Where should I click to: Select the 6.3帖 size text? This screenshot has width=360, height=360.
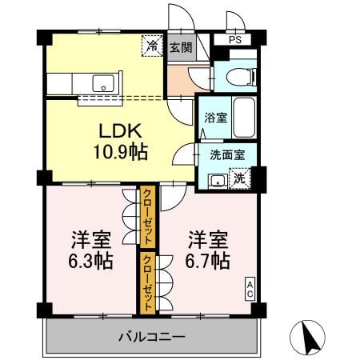(x=90, y=261)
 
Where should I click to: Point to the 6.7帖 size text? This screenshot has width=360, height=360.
(x=208, y=261)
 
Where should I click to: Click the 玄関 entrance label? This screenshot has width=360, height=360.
(x=180, y=47)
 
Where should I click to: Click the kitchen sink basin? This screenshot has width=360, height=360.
(x=103, y=82)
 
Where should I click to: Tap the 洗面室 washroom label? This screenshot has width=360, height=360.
(x=227, y=155)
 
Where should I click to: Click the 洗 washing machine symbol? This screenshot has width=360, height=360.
(x=238, y=179)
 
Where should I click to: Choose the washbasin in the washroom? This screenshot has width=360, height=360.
(x=215, y=180)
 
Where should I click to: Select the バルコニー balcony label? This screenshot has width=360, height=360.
(x=152, y=336)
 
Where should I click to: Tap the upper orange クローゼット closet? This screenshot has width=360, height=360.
(x=148, y=216)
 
